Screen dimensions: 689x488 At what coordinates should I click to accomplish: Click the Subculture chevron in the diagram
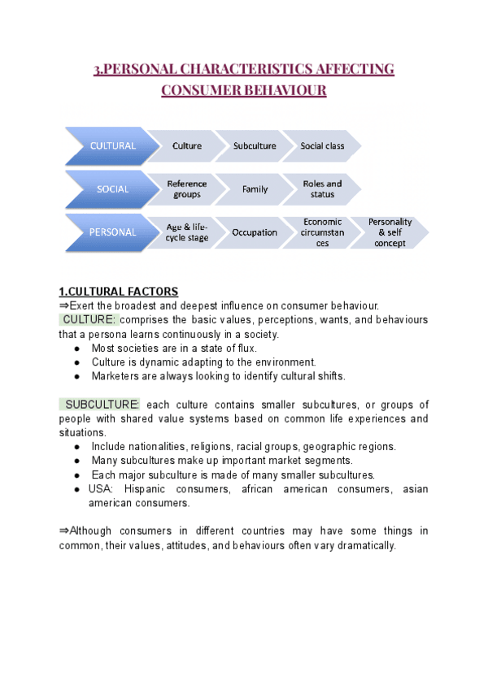click(255, 146)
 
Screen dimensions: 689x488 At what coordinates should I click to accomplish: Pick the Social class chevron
click(322, 146)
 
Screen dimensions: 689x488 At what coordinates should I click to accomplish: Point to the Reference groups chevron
click(187, 189)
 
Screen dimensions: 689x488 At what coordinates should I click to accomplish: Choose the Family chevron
click(255, 189)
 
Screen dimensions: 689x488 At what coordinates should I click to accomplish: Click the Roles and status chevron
click(322, 189)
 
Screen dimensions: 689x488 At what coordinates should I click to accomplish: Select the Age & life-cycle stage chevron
click(187, 232)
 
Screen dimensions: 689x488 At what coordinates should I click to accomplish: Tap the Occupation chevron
click(255, 232)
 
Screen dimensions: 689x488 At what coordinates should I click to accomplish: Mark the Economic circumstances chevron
click(322, 232)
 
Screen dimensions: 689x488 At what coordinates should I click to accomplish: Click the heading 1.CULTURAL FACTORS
click(119, 292)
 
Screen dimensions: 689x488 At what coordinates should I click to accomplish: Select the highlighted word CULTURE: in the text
click(89, 319)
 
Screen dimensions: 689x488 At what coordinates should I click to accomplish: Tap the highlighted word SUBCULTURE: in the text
click(102, 405)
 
